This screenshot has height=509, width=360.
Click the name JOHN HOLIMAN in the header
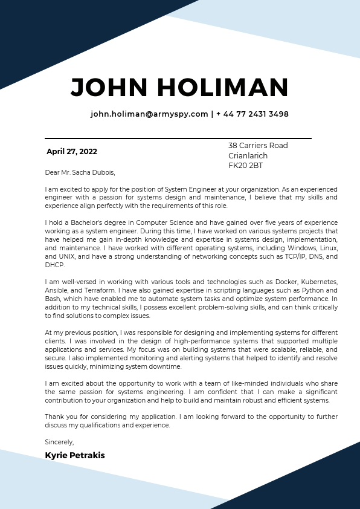pos(179,88)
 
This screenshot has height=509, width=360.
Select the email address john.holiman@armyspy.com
pos(149,114)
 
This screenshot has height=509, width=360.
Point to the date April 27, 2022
pos(72,152)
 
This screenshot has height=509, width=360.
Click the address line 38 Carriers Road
pos(258,146)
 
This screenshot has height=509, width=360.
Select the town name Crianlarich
pos(248,156)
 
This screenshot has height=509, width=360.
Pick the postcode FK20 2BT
pos(245,166)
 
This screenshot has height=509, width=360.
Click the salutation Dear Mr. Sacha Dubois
pos(80,172)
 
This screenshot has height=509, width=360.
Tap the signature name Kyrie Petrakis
pos(75,455)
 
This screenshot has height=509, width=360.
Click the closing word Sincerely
pos(59,442)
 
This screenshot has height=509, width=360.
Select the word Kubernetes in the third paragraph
pos(318,282)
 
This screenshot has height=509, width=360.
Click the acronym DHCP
pos(54,265)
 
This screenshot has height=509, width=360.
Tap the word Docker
pos(272,282)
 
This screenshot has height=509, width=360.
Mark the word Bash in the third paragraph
pos(53,299)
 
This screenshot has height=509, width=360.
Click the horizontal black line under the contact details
pos(178,138)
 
